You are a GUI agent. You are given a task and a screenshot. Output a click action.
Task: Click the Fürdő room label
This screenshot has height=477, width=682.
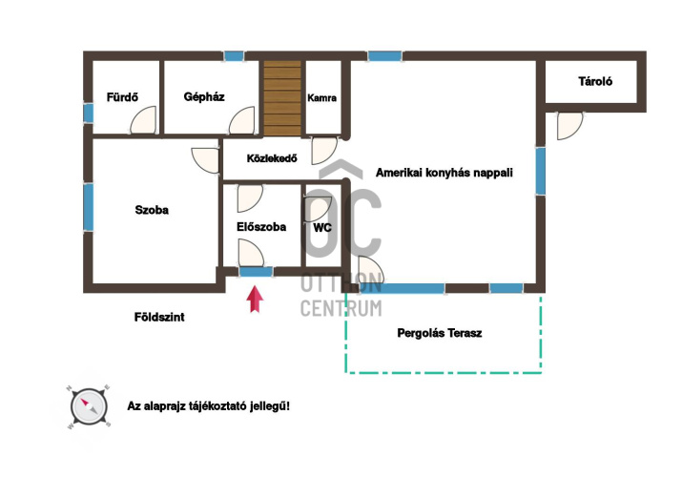(x=122, y=96)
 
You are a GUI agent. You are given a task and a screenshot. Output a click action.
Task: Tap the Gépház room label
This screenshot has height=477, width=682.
(x=204, y=96)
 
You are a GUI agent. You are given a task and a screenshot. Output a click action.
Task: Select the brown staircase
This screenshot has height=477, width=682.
(x=282, y=98)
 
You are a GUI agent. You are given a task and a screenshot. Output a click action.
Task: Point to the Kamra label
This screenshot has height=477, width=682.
(x=321, y=98)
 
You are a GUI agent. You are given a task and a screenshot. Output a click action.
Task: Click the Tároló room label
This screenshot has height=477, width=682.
(x=595, y=81)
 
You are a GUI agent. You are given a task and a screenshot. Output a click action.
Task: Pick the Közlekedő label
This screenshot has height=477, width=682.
(x=272, y=158)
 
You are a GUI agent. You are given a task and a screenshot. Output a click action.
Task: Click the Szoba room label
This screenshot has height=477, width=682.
(x=152, y=210)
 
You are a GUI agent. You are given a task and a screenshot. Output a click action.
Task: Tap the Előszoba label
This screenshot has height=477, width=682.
(x=261, y=226)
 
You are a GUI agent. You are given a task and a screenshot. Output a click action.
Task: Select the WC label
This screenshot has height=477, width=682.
(x=322, y=227)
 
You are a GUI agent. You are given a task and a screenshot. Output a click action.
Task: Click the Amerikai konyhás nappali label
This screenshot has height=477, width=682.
(x=444, y=173)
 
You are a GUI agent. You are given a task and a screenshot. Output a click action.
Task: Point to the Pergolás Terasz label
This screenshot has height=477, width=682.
(x=440, y=333)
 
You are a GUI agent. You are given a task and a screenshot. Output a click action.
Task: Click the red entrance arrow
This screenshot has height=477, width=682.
(x=255, y=299)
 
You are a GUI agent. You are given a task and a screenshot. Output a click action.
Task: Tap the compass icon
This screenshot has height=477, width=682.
(x=89, y=406)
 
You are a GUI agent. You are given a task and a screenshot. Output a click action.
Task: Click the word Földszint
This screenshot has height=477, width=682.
(x=159, y=317)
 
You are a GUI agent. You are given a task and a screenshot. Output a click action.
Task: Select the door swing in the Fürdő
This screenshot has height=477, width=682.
(x=143, y=119)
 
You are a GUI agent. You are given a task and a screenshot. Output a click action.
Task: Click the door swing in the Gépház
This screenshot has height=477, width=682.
(x=242, y=120)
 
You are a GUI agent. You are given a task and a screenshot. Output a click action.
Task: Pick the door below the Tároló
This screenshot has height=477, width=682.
(x=569, y=126)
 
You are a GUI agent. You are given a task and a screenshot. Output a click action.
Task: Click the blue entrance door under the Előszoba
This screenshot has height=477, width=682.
(x=256, y=272)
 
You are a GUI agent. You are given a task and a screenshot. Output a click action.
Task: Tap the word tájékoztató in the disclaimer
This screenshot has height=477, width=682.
(x=208, y=406)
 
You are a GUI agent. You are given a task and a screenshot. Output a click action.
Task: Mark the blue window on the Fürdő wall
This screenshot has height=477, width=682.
(x=88, y=114)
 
